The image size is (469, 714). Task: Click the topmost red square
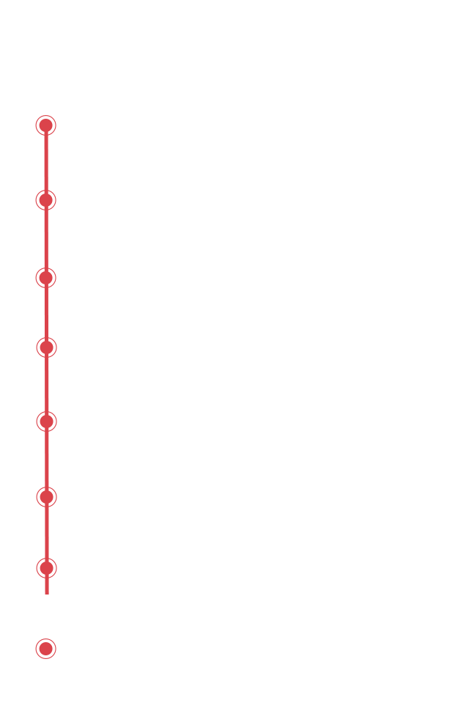[46, 125]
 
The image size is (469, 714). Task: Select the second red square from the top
[46, 199]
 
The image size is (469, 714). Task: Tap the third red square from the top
[46, 277]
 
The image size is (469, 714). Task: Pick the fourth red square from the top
[46, 347]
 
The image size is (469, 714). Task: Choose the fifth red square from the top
[46, 421]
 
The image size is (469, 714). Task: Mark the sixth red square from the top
[46, 496]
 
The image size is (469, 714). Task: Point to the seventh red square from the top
[46, 567]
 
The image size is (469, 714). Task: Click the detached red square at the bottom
[46, 648]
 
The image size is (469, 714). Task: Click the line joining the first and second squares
[46, 162]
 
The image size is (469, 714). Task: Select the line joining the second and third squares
[46, 238]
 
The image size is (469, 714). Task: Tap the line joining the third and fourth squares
[46, 312]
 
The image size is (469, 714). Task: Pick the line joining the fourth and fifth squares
[46, 384]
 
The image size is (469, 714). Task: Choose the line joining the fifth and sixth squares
[46, 459]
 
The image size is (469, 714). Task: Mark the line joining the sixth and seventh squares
[46, 532]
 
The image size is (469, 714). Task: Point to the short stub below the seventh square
[46, 587]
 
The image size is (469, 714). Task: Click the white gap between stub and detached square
[46, 617]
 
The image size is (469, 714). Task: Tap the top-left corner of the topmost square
[36, 114]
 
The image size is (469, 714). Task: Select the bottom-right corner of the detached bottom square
[56, 658]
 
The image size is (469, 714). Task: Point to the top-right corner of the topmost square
[56, 114]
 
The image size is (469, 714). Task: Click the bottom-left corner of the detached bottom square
[36, 658]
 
